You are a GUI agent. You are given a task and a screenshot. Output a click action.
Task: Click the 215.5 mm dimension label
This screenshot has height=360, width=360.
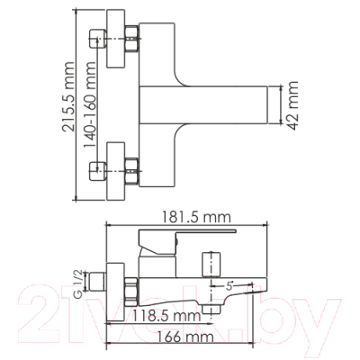(x=67, y=97)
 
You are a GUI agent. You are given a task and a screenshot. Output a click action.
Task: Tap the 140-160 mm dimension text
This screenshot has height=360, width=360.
(x=89, y=105)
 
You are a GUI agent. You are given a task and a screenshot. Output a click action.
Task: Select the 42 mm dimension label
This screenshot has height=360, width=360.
(x=291, y=105)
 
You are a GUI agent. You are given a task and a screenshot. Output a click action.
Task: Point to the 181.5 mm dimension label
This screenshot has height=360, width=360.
(x=196, y=217)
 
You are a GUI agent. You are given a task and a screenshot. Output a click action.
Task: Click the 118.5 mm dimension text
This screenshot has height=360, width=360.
(x=166, y=315)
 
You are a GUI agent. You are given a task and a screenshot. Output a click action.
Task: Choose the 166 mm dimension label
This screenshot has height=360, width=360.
(x=185, y=337)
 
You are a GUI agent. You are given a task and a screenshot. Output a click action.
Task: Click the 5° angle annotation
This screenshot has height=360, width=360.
(x=229, y=286)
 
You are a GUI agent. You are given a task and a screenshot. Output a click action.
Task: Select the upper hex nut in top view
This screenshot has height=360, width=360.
(x=131, y=39)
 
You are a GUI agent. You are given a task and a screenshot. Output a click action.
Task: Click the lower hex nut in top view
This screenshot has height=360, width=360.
(x=131, y=171)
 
